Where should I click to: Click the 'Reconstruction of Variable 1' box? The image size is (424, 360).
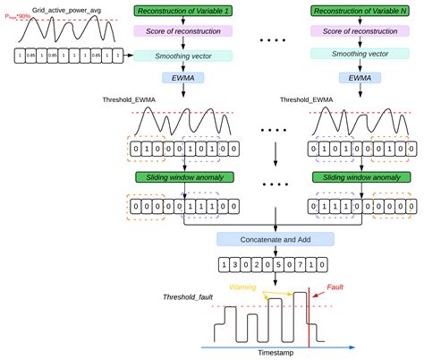182,11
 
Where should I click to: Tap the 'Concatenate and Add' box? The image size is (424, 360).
276,239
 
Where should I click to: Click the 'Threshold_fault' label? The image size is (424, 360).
188,296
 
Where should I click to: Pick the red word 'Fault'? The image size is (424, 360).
334,287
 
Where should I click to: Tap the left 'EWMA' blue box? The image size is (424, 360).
182,78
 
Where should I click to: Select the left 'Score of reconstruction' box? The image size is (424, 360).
182,31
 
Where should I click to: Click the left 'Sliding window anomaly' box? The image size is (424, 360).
182,178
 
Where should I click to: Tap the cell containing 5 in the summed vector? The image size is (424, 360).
279,265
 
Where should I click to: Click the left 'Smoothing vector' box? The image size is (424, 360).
182,55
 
